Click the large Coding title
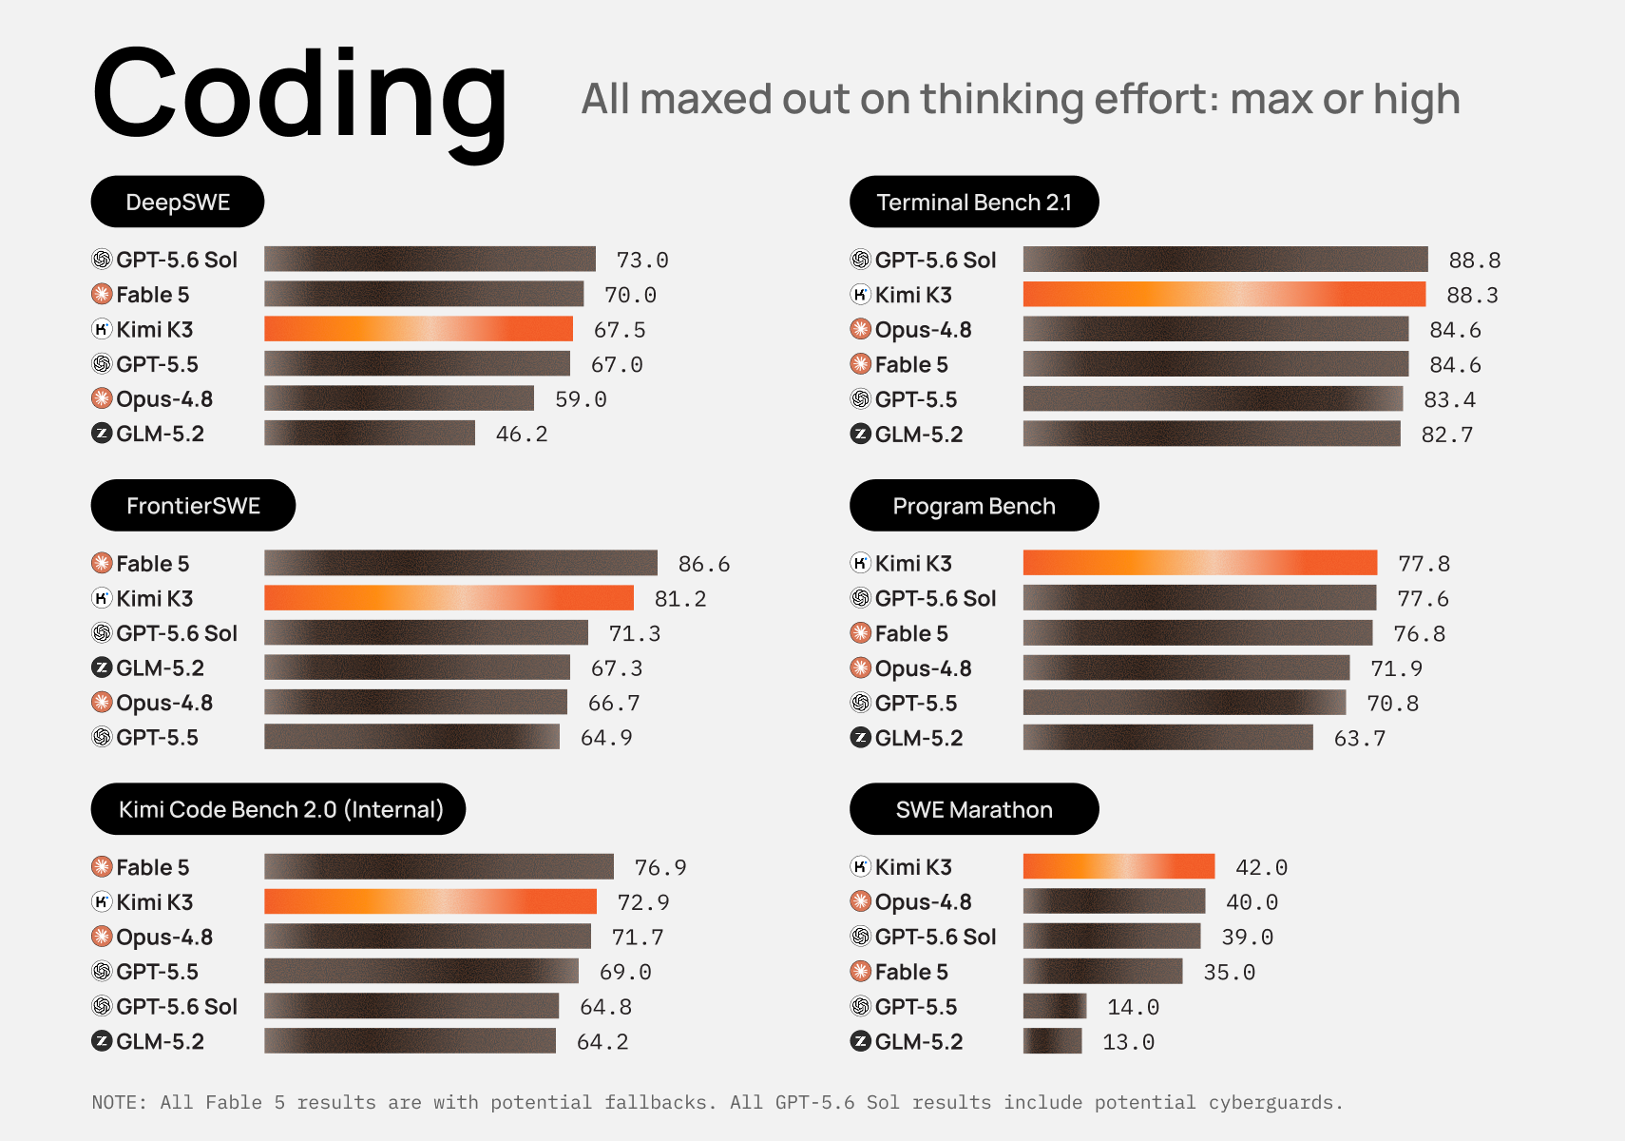[x=299, y=98]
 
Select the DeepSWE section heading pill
[x=178, y=202]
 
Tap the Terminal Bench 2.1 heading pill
[x=974, y=202]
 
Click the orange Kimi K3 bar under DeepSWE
[x=418, y=329]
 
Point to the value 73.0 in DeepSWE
[x=642, y=260]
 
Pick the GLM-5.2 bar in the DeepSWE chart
[x=370, y=434]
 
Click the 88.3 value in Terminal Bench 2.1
[x=1472, y=295]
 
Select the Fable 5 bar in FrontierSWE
[x=461, y=563]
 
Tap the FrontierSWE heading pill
[x=193, y=505]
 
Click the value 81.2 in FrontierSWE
[x=679, y=598]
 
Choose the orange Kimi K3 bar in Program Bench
[x=1200, y=563]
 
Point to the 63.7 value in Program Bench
[x=1360, y=738]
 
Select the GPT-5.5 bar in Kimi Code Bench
[x=422, y=971]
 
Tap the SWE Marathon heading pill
[x=974, y=808]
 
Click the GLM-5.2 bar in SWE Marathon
[x=1052, y=1041]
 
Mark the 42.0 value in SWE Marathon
[x=1261, y=867]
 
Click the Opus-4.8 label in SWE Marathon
[x=923, y=902]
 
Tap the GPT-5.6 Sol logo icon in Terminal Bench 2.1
[x=860, y=260]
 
